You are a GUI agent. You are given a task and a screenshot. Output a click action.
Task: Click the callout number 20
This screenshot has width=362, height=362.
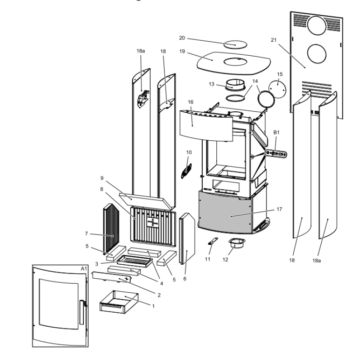(x=182, y=38)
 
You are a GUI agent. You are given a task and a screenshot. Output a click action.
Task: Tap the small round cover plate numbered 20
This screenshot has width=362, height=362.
(x=235, y=45)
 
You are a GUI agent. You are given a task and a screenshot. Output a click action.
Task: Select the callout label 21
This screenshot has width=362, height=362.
(x=274, y=40)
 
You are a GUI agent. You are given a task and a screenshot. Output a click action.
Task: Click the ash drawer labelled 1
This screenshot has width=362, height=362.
(x=119, y=302)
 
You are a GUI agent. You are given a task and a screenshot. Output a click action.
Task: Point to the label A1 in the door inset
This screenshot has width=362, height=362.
(x=84, y=269)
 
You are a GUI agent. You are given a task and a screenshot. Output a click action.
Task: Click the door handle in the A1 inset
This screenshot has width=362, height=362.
(x=82, y=312)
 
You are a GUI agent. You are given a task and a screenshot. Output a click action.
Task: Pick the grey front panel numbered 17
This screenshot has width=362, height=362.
(x=225, y=213)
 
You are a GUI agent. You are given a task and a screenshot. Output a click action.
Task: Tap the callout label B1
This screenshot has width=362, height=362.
(x=276, y=132)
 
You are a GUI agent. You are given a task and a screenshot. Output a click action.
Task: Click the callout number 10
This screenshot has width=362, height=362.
(x=189, y=152)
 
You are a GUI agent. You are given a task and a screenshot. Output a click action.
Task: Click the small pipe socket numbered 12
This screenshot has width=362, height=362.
(x=237, y=243)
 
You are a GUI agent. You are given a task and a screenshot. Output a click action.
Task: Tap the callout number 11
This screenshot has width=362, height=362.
(x=208, y=259)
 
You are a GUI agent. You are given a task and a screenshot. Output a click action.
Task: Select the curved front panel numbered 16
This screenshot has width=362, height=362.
(x=206, y=126)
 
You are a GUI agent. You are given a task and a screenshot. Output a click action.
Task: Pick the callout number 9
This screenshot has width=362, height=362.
(x=102, y=178)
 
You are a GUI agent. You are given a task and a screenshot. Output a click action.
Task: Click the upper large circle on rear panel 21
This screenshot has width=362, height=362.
(x=317, y=26)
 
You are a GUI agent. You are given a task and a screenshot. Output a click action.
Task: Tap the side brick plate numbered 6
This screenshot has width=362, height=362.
(x=187, y=239)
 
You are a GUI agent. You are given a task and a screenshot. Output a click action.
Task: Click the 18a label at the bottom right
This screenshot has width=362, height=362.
(x=316, y=261)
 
